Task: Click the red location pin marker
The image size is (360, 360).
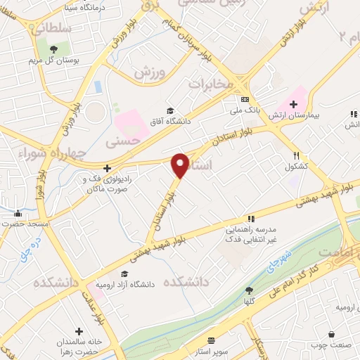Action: click(181, 164)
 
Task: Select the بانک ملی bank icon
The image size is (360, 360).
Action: click(244, 99)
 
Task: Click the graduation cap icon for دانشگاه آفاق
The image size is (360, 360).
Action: click(169, 110)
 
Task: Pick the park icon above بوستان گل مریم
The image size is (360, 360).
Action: click(52, 48)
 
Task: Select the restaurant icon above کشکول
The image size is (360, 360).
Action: click(297, 156)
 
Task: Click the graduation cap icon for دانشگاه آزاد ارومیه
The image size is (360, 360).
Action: click(124, 274)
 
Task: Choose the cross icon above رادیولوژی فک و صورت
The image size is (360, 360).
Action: click(106, 168)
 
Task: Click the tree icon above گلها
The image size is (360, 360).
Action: click(248, 290)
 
